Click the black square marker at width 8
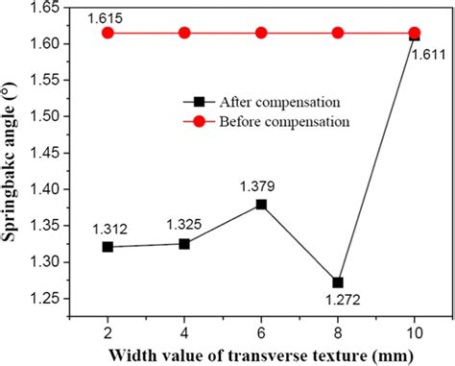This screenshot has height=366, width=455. tap(338, 282)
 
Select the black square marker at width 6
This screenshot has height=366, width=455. tap(261, 205)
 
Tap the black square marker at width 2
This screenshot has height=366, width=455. tap(108, 247)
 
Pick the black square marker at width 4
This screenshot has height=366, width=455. tap(184, 244)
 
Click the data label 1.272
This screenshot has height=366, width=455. tap(338, 302)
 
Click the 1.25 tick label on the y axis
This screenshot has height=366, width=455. tap(46, 299)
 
